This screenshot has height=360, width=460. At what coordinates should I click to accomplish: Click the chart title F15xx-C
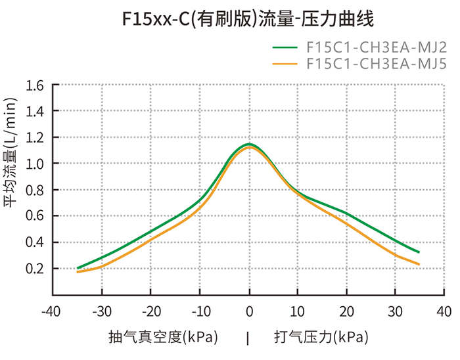248,19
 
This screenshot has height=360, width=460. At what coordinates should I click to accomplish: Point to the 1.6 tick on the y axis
34,85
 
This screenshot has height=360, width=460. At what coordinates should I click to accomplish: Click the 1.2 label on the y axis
34,137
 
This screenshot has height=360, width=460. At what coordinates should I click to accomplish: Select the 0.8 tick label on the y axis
34,190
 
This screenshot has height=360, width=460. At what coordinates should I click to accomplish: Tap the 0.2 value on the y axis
34,268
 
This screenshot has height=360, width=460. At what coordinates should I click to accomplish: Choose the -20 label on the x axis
150,310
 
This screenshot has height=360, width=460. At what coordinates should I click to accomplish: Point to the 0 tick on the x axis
250,310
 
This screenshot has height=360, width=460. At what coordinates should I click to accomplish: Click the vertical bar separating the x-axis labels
248,338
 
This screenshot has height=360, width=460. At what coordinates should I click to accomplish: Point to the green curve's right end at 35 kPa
419,252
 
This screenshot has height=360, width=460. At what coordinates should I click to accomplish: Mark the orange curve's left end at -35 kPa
78,271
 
